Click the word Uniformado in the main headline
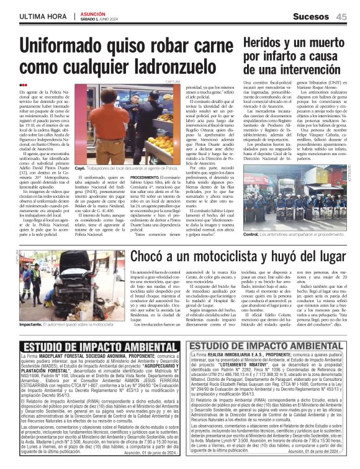coord(68,47)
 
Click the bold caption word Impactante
coord(30,323)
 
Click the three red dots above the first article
coord(24,86)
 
